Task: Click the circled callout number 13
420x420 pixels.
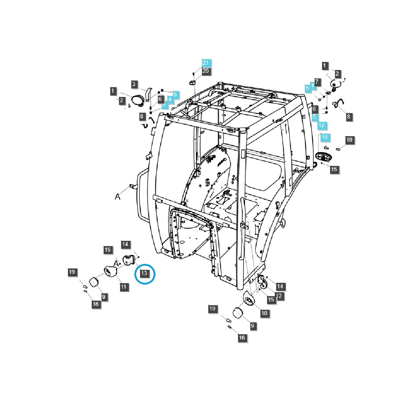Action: (x=145, y=273)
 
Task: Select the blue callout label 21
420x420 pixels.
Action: (x=206, y=63)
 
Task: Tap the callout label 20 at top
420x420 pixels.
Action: (x=206, y=71)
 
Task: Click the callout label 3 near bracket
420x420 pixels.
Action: (x=133, y=84)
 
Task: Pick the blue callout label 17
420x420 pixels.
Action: (x=322, y=126)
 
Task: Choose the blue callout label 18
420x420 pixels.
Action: (x=325, y=137)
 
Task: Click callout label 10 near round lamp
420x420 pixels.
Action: (x=265, y=313)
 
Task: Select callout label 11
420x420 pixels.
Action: (x=123, y=287)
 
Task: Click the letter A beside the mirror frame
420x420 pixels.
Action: (x=118, y=197)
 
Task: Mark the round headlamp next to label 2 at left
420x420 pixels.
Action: (x=137, y=100)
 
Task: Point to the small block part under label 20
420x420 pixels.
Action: (x=192, y=83)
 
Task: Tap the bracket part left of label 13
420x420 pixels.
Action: (x=128, y=260)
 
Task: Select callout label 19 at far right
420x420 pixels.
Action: (x=349, y=140)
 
